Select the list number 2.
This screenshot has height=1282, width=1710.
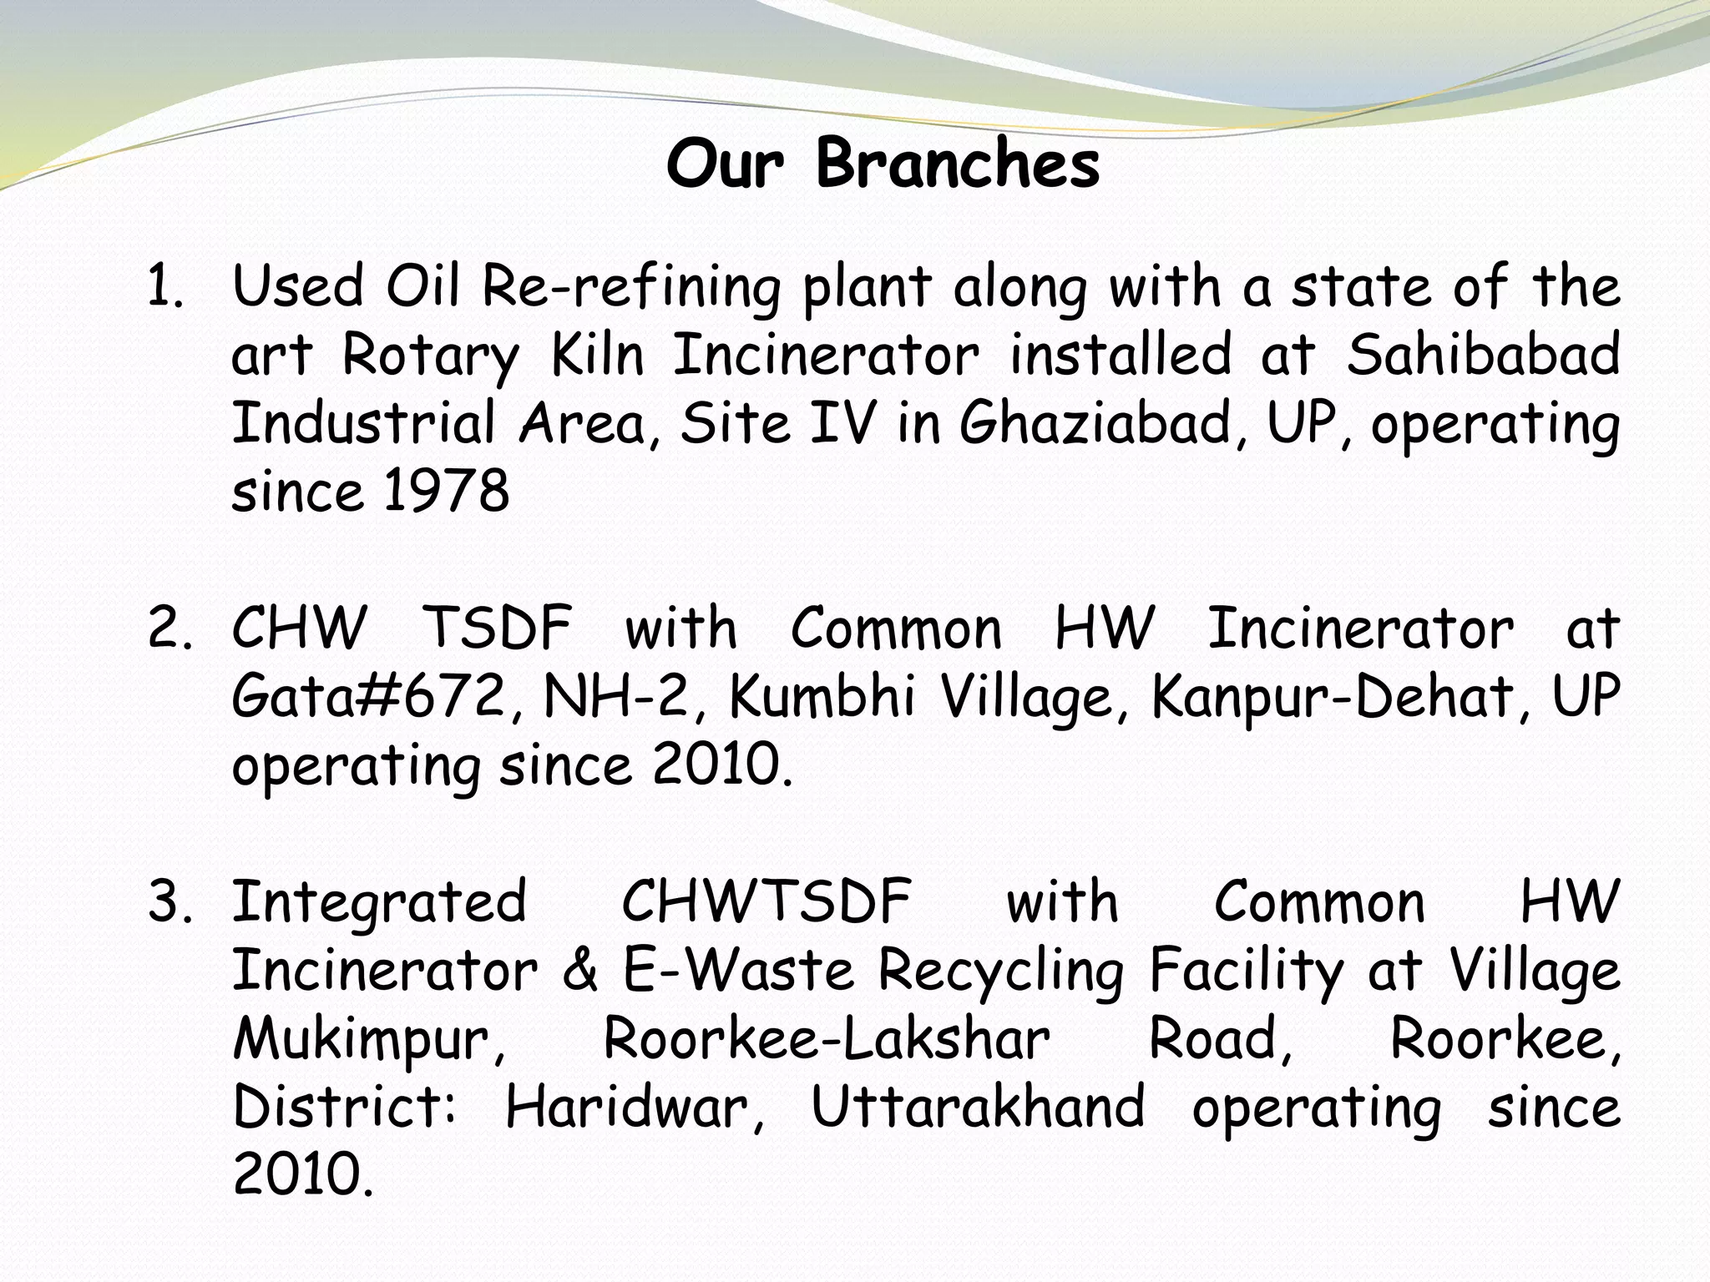(x=170, y=628)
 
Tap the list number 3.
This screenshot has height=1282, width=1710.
(x=170, y=902)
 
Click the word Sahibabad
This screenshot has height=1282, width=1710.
(x=1483, y=354)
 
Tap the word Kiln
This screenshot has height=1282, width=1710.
(x=598, y=354)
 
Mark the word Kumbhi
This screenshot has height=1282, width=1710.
(x=822, y=696)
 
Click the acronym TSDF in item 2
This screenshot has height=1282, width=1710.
(x=498, y=628)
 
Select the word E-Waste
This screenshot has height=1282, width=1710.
(x=739, y=971)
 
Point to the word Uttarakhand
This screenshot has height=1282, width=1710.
(x=978, y=1108)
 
